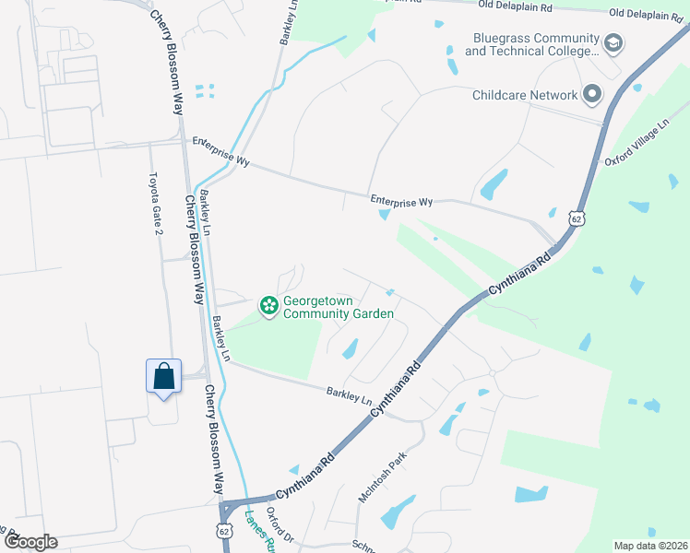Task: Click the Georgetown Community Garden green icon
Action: (268, 305)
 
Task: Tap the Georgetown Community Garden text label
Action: (339, 307)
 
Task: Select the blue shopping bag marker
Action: (163, 377)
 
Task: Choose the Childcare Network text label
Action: (525, 95)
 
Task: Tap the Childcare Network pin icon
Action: (591, 94)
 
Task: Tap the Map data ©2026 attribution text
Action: (650, 546)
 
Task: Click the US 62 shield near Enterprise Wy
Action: (577, 219)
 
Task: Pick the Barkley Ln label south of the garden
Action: (348, 397)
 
